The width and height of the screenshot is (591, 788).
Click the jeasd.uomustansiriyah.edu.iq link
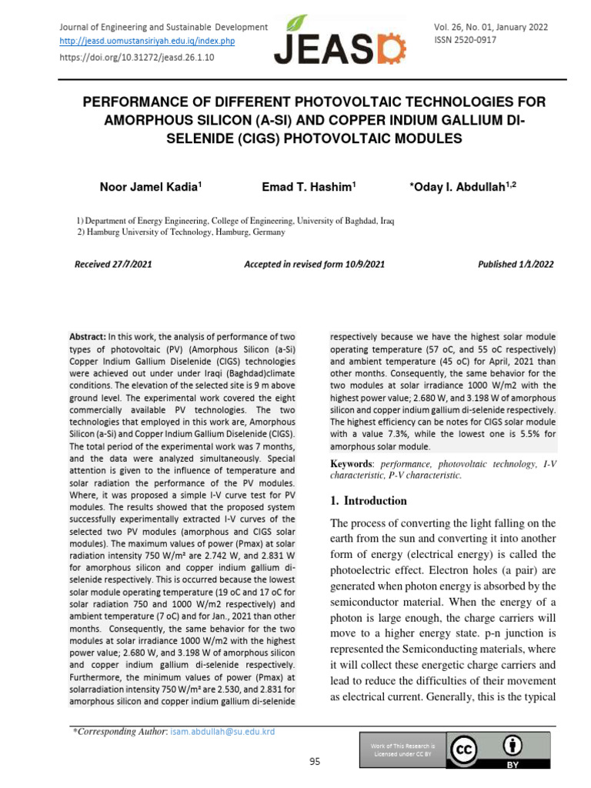(x=147, y=41)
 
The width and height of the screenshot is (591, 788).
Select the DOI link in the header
(x=137, y=57)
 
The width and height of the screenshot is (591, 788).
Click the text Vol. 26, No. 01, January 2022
(x=491, y=27)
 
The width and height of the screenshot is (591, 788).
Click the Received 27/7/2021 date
(x=113, y=264)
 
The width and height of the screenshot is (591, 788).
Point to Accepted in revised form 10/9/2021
(x=314, y=264)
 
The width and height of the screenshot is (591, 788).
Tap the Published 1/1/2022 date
(x=516, y=264)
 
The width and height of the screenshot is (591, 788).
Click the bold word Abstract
(x=87, y=337)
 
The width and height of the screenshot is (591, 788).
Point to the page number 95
(x=314, y=762)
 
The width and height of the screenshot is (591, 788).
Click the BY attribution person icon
(x=512, y=745)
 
